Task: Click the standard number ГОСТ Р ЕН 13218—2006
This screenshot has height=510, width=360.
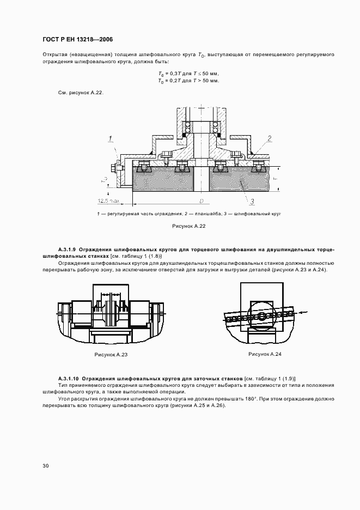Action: coord(77,39)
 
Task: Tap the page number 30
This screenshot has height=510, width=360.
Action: coord(46,465)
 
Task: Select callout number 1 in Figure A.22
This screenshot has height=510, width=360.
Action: coord(109,137)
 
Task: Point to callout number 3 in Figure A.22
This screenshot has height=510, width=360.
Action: coord(252,202)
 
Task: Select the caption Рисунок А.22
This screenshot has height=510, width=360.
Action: coord(188,226)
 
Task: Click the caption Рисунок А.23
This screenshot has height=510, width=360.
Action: coord(111,354)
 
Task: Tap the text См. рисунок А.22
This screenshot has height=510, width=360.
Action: coord(81,93)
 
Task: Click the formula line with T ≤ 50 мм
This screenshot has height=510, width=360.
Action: coord(188,74)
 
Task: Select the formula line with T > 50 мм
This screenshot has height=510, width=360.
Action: coord(188,81)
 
